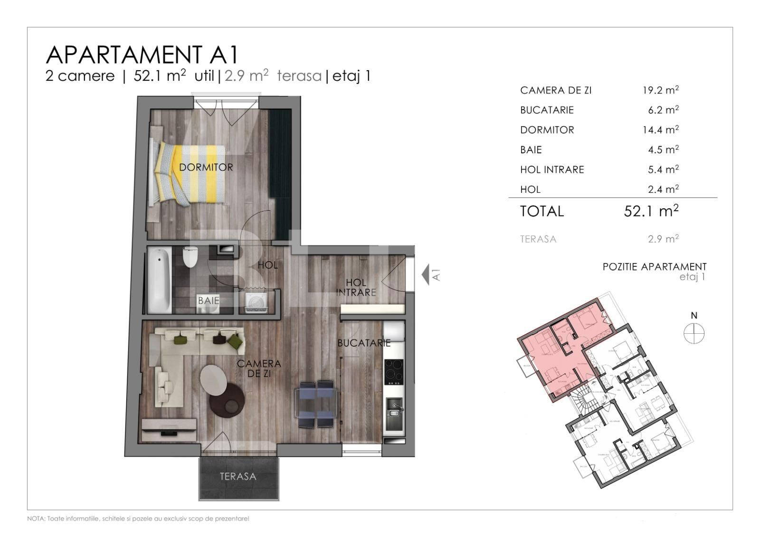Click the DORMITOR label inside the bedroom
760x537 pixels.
click(206, 168)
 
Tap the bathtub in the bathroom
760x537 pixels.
click(159, 280)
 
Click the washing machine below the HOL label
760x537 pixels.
click(256, 301)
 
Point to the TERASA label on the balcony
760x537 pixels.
click(238, 477)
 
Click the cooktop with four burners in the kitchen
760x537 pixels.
click(394, 371)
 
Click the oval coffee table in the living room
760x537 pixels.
click(213, 380)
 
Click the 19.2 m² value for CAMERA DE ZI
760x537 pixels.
click(660, 90)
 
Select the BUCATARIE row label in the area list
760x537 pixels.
click(547, 110)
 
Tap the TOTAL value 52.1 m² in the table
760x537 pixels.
click(651, 211)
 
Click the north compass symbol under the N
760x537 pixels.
click(694, 333)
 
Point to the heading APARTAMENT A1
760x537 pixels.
click(142, 55)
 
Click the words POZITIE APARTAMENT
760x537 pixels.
click(654, 267)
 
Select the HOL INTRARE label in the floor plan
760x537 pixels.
click(356, 287)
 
